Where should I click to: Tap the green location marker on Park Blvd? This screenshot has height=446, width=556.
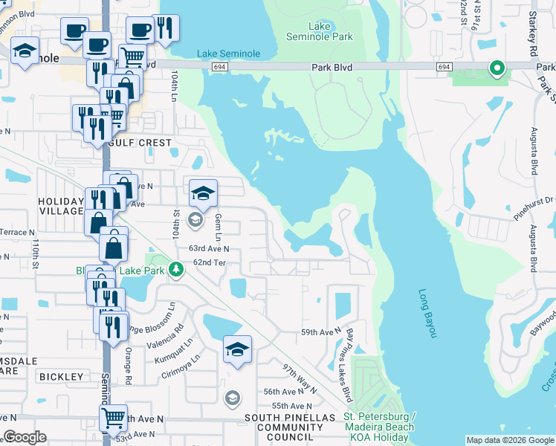pyautogui.click(x=497, y=69)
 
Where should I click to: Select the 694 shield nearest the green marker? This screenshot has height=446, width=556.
pyautogui.click(x=445, y=68)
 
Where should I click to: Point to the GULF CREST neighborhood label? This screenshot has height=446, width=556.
pyautogui.click(x=140, y=142)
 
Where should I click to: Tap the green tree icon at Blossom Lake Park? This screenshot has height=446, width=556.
pyautogui.click(x=175, y=268)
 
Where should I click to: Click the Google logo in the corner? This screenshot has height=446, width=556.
pyautogui.click(x=25, y=437)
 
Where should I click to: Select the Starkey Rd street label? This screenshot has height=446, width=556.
pyautogui.click(x=532, y=30)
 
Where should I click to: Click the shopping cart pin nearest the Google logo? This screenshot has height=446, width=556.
pyautogui.click(x=113, y=418)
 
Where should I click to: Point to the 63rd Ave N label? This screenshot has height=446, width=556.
pyautogui.click(x=209, y=249)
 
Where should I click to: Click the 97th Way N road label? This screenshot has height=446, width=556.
pyautogui.click(x=299, y=378)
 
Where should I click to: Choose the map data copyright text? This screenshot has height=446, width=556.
pyautogui.click(x=510, y=440)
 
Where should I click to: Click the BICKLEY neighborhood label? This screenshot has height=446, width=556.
pyautogui.click(x=61, y=377)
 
